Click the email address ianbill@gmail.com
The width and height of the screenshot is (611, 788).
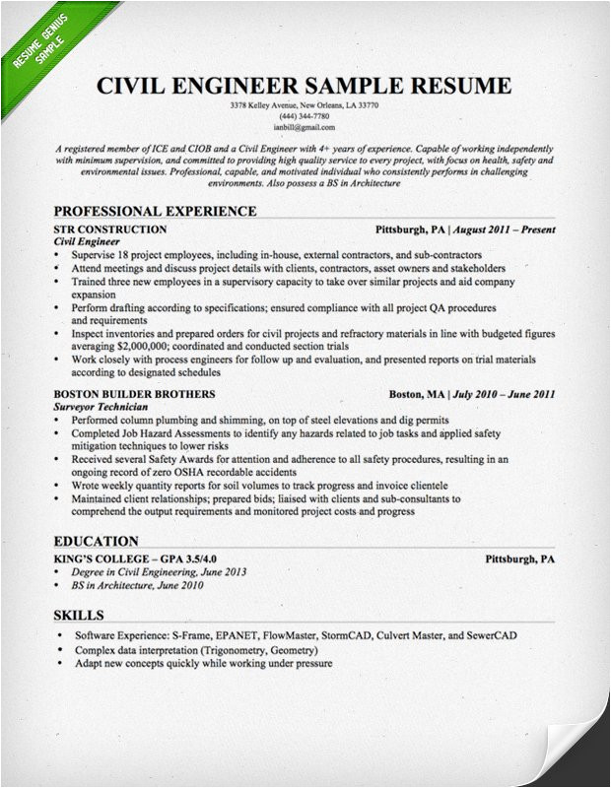(305, 127)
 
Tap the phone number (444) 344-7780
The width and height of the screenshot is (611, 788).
(305, 116)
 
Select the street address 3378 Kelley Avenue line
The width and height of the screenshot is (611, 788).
(305, 105)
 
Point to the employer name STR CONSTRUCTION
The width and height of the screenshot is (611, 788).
(109, 230)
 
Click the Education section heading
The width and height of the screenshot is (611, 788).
(96, 541)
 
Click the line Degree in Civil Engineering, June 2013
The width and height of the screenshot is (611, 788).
(165, 572)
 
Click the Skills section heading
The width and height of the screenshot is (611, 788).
(78, 616)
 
